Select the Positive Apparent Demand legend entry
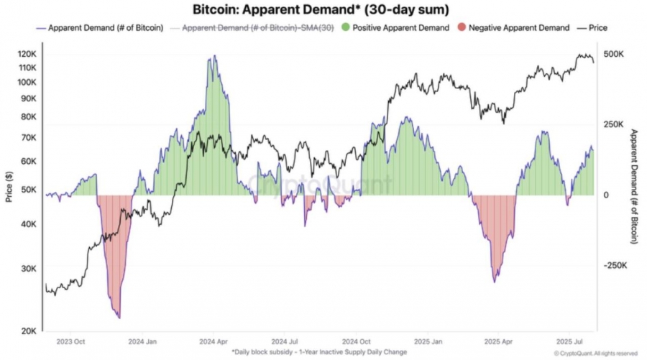397,28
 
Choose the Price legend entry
597,28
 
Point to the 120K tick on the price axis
27,55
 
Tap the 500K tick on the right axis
615,55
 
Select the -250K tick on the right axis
617,265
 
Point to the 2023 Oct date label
70,342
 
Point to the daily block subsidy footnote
318,352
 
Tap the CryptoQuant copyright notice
595,354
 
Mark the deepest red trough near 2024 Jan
117,316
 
